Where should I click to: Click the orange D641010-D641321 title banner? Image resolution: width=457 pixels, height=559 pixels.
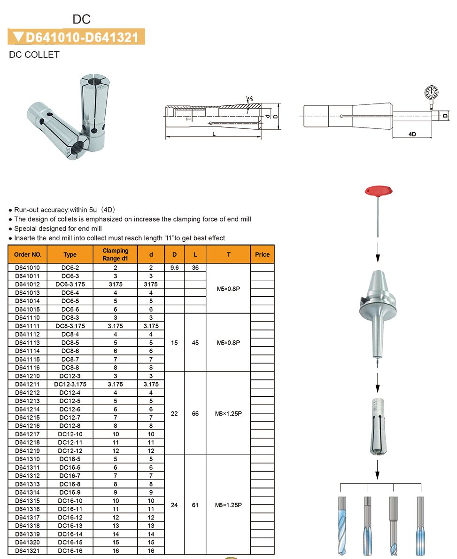77,37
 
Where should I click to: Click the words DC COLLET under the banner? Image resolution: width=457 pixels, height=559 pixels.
34,55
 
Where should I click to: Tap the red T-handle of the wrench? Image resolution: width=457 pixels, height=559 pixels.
379,191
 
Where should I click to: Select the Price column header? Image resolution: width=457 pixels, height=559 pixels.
262,254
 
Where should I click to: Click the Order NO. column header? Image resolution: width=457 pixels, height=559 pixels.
28,254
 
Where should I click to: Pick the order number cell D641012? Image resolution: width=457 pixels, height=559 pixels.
28,284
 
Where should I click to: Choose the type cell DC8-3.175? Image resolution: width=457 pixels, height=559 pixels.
70,326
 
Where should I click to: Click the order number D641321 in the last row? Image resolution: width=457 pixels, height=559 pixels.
28,551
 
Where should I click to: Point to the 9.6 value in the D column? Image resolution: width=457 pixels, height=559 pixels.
174,268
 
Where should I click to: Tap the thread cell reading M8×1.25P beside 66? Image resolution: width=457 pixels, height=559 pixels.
228,414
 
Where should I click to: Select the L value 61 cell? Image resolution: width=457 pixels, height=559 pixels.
195,505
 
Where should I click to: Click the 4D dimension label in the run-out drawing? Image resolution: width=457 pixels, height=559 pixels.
412,134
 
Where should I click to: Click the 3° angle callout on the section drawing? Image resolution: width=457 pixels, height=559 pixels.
250,99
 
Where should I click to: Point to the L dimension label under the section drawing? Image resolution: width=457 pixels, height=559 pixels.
214,134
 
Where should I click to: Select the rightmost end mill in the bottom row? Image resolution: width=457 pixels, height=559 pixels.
420,520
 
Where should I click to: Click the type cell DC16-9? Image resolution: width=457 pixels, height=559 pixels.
70,492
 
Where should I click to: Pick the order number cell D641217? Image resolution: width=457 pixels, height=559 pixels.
28,434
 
